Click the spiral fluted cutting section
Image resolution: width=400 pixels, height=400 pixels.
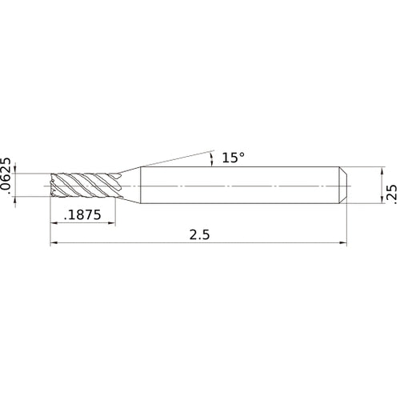tap(84, 186)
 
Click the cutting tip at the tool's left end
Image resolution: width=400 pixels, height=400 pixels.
tap(54, 186)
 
